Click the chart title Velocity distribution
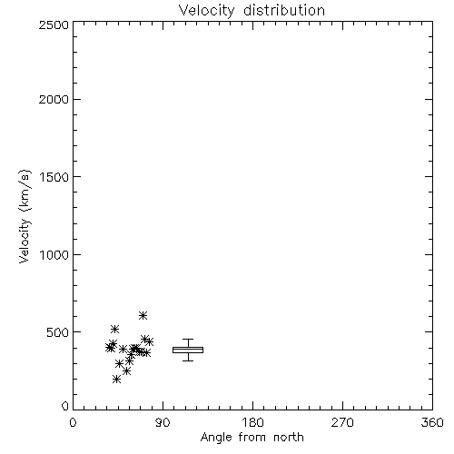coord(252,11)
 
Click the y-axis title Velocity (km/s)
coord(25,216)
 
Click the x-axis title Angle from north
coord(252,438)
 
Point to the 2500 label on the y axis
coord(54,25)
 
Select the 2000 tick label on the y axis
coord(54,99)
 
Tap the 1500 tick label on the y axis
coord(54,177)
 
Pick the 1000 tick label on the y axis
coord(54,254)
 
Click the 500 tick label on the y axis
coord(58,332)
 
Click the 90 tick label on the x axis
coord(163,422)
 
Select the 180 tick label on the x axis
coord(252,422)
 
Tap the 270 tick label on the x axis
coord(342,422)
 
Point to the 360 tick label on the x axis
coord(432,422)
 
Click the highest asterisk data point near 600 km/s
coord(143,316)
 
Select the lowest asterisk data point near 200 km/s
coord(116,380)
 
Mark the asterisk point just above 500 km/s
coord(114,329)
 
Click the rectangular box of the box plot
coord(188,347)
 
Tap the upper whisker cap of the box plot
coord(188,340)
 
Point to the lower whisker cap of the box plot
coord(188,360)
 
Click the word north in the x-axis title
coord(289,438)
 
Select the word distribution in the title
coord(284,11)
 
